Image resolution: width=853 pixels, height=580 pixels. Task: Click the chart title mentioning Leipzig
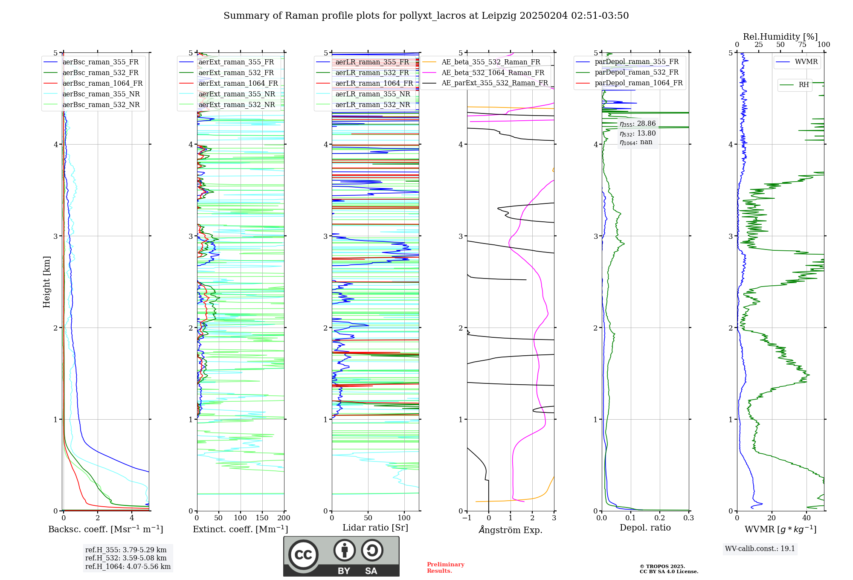tap(426, 16)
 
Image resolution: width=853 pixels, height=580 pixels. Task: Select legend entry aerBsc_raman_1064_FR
tap(102, 84)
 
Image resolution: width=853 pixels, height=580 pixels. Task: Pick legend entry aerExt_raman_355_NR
tap(237, 94)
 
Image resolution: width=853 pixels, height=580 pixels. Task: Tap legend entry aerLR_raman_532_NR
tap(372, 105)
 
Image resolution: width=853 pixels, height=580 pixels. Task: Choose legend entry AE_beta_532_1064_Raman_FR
tap(493, 73)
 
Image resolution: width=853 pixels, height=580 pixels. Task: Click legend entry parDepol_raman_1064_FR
tap(638, 83)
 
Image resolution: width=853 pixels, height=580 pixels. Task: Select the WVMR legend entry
tap(806, 62)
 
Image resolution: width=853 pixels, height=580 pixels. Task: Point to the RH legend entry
tap(804, 85)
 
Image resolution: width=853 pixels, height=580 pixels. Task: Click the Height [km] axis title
tap(46, 282)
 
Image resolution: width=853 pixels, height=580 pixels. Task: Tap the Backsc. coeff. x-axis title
tap(106, 529)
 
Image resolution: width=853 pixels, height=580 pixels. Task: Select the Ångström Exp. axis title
tap(511, 530)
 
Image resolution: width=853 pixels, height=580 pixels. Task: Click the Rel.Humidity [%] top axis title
tap(780, 37)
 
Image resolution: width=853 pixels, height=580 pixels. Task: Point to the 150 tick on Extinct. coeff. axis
tap(262, 518)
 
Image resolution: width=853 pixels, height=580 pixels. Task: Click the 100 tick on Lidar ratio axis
tap(404, 518)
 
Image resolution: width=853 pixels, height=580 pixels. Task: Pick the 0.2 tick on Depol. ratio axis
tap(660, 518)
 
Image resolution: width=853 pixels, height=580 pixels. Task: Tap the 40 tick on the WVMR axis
tap(807, 518)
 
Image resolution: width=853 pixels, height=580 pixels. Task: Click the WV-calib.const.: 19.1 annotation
tap(760, 549)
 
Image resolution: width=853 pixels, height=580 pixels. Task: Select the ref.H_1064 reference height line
tap(128, 567)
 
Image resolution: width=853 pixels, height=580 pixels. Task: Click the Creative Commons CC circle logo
tap(303, 555)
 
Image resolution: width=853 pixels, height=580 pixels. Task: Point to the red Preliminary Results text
tap(445, 568)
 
